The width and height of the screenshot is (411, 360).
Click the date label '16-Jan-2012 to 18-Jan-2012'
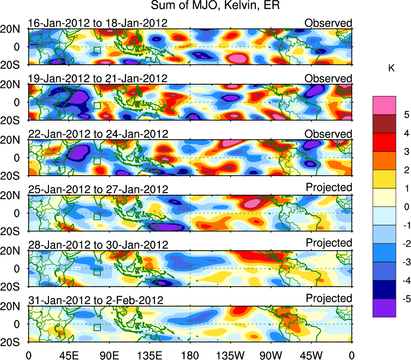98,23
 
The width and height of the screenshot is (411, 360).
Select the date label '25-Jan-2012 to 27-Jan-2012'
98,189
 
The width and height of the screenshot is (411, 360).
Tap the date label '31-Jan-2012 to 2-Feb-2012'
96,300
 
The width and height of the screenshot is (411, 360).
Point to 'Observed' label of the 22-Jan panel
328,134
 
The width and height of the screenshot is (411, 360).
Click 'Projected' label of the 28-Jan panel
329,243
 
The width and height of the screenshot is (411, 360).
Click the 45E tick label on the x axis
68,355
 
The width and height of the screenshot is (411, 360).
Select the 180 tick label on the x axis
190,355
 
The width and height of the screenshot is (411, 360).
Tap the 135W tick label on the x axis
230,355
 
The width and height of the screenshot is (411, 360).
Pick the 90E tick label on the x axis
109,355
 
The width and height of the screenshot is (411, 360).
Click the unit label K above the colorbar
391,68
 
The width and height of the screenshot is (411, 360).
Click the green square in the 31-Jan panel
97,327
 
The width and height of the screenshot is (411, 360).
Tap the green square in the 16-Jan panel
97,51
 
